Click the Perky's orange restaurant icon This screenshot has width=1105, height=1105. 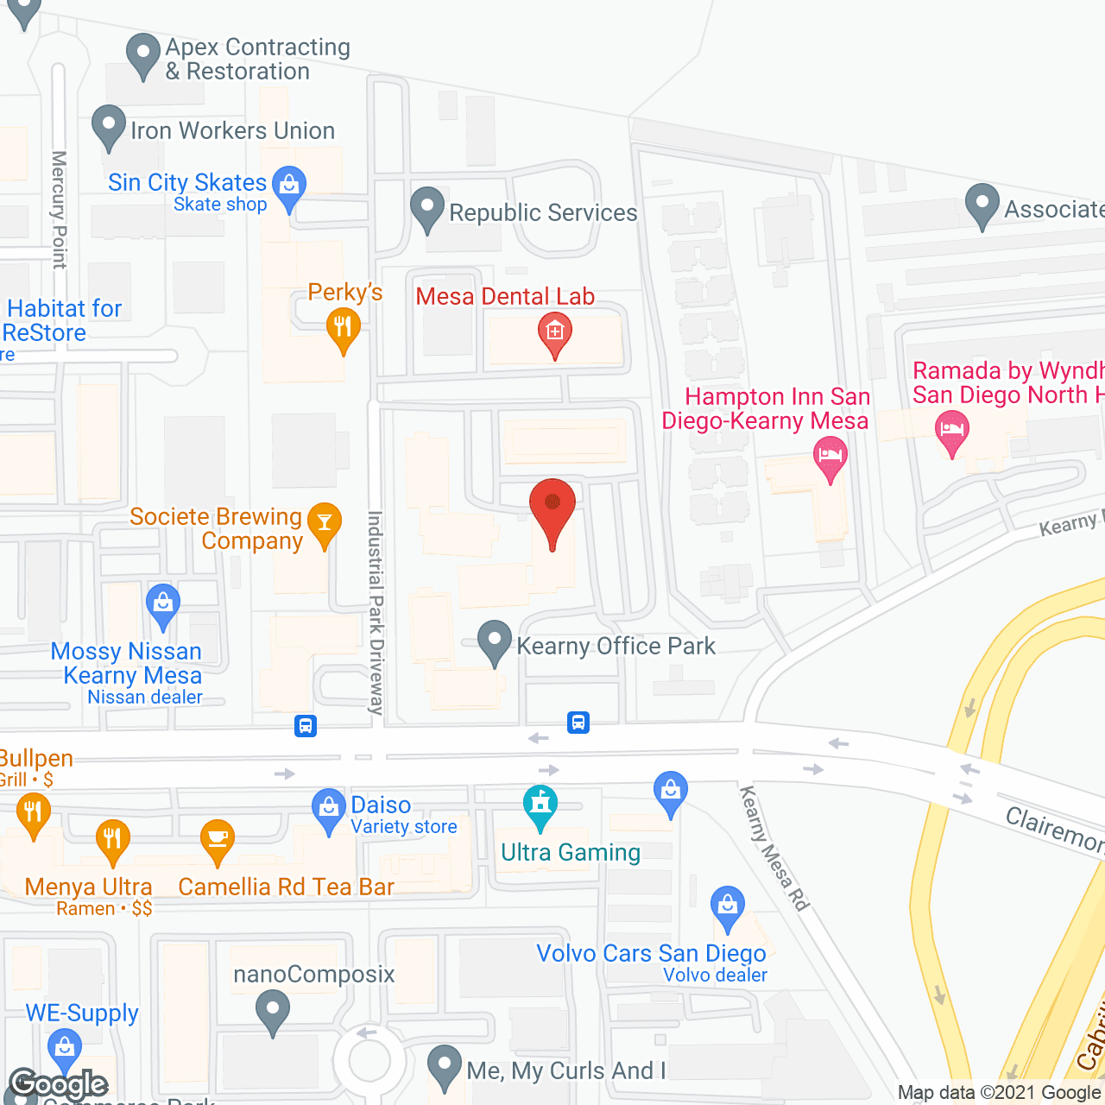[343, 329]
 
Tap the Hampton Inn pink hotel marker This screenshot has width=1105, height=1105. [830, 455]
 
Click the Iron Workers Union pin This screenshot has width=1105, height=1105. [109, 127]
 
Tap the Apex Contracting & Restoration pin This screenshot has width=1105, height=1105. [143, 54]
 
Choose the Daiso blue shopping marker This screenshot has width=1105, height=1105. [328, 810]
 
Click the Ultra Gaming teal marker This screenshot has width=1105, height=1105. [540, 805]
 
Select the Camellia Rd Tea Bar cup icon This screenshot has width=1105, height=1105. [218, 841]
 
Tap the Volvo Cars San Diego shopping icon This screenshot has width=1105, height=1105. [727, 907]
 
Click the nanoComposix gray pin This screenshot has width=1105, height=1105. [273, 1011]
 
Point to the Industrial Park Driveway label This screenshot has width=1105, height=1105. [376, 613]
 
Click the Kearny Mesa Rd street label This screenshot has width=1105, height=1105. [774, 849]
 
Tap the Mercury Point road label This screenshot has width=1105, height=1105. [59, 210]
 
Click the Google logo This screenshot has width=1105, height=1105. [59, 1084]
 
